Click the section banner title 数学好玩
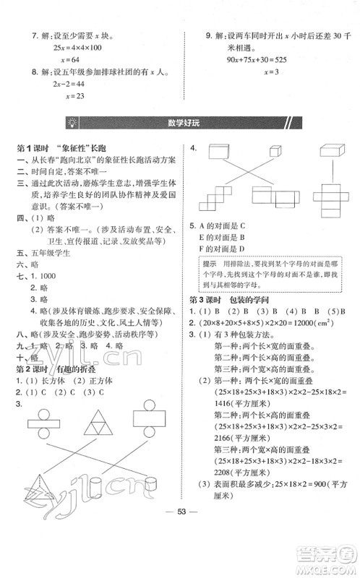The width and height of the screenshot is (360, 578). pyautogui.click(x=180, y=121)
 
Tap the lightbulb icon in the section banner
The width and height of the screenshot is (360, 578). pyautogui.click(x=72, y=121)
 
